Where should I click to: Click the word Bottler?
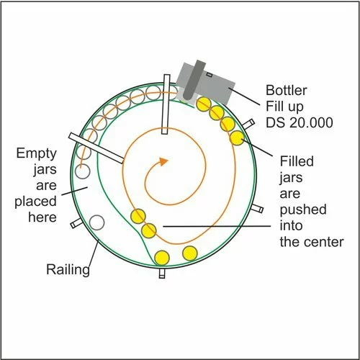click(x=287, y=91)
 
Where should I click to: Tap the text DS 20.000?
click(x=300, y=122)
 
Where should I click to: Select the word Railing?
click(x=68, y=270)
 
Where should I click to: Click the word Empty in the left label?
click(x=37, y=153)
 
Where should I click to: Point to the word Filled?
click(x=297, y=161)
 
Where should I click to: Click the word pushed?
click(x=303, y=210)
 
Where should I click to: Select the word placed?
click(x=35, y=202)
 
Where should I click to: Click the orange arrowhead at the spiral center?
click(x=163, y=161)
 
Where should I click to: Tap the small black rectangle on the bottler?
click(x=210, y=75)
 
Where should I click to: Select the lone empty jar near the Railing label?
click(x=96, y=222)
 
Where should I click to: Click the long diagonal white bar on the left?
click(x=96, y=148)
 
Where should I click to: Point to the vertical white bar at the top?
click(x=166, y=104)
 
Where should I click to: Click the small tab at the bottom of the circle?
click(x=162, y=274)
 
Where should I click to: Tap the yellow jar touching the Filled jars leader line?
click(x=237, y=138)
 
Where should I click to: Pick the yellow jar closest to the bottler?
click(x=204, y=104)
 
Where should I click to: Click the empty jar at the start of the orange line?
click(x=82, y=171)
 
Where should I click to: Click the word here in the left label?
click(x=42, y=217)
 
